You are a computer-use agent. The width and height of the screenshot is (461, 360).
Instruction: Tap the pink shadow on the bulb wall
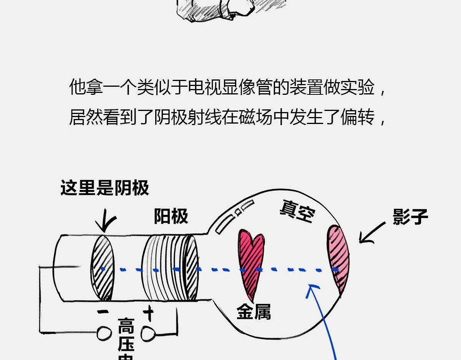[x=338, y=257]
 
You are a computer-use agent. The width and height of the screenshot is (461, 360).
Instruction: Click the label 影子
[x=410, y=217]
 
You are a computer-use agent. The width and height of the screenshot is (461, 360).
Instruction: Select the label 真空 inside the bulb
[x=298, y=211]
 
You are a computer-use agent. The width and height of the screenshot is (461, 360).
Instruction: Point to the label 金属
[x=254, y=312]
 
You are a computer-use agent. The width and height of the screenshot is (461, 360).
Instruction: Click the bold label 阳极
[x=171, y=216]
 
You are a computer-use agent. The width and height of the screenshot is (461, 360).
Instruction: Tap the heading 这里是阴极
[x=104, y=188]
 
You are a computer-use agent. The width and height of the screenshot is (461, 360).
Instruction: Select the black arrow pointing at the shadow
[x=371, y=234]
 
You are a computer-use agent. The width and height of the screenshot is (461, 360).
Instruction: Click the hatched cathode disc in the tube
[x=103, y=268]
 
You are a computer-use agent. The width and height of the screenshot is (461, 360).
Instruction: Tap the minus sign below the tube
[x=103, y=312]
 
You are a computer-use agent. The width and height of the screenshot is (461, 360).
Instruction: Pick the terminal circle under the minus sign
[x=104, y=333]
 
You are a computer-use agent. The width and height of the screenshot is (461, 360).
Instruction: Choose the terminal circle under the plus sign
[x=148, y=333]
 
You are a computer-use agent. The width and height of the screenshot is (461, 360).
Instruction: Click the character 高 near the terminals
[x=126, y=327]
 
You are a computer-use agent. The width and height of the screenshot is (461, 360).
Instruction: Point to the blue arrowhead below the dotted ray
[x=313, y=289]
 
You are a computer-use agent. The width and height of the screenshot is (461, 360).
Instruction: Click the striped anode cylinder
[x=169, y=268]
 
